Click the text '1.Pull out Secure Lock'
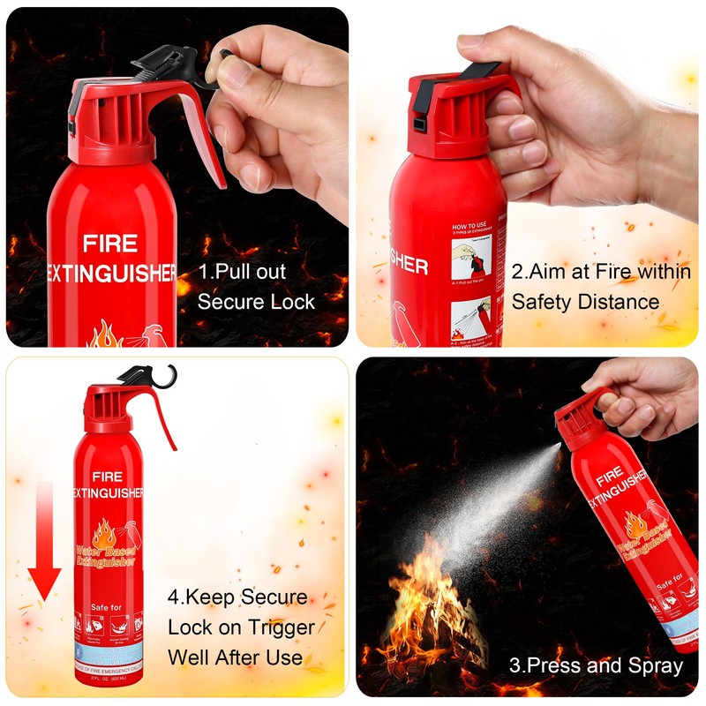[255, 286]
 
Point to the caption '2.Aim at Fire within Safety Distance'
[600, 286]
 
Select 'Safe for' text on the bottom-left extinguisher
[109, 608]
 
